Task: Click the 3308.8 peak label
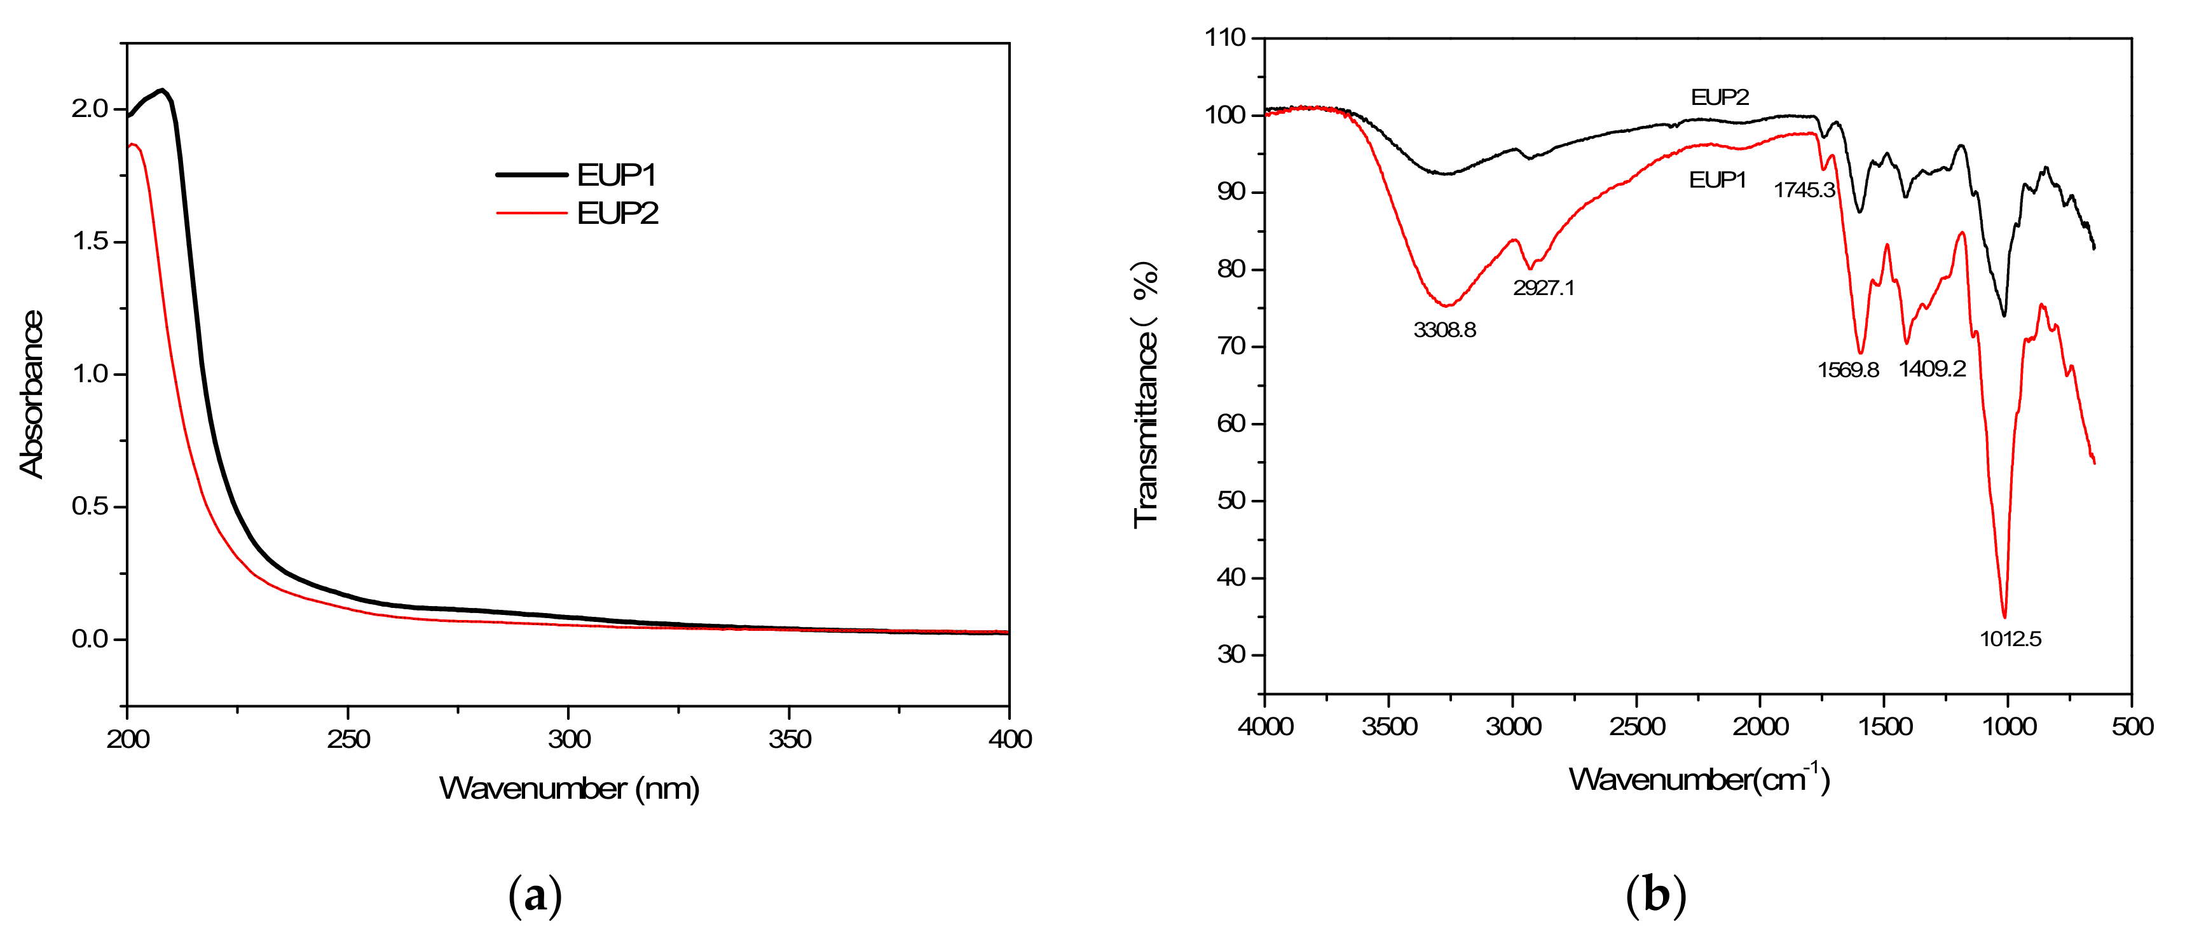click(1444, 329)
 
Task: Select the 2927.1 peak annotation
click(1544, 287)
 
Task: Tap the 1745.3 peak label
click(1804, 190)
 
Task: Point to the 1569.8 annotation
click(1848, 370)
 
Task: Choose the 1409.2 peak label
click(1932, 368)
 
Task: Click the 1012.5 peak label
click(2010, 639)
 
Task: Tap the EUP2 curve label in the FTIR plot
click(1720, 97)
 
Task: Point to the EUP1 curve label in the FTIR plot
click(1718, 180)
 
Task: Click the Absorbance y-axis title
click(31, 394)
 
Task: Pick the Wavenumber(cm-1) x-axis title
click(1699, 778)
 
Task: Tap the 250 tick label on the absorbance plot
click(348, 740)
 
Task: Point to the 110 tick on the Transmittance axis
click(1225, 38)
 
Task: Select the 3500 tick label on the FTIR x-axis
click(1389, 727)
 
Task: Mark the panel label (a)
click(535, 896)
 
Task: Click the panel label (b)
click(1655, 896)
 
